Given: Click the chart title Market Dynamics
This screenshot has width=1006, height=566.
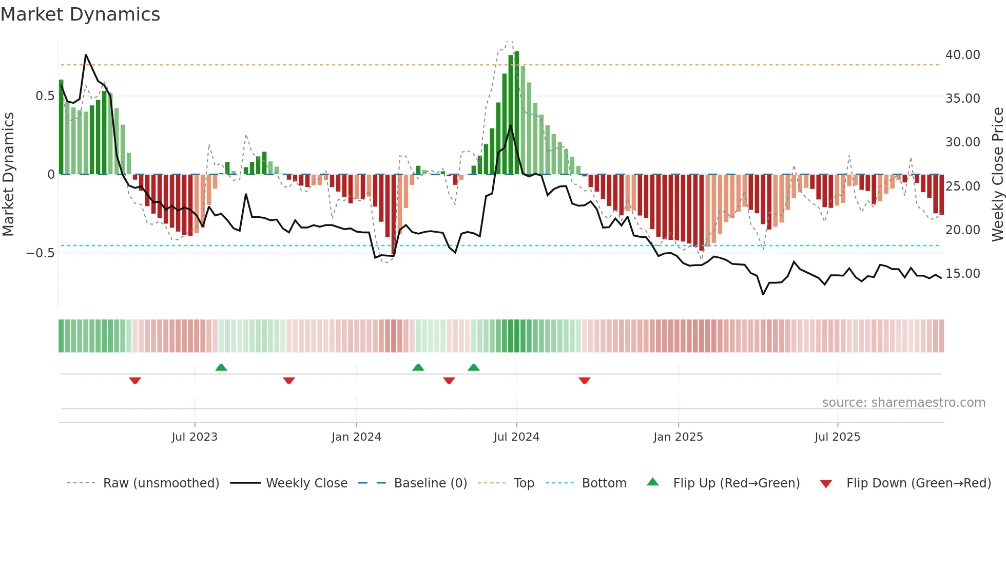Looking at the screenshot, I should [x=80, y=14].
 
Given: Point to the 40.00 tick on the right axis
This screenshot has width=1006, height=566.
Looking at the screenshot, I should [x=962, y=54].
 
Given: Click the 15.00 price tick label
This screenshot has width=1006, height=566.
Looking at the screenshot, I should [x=962, y=274].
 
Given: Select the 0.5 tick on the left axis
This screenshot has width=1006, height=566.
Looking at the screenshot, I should [x=45, y=96].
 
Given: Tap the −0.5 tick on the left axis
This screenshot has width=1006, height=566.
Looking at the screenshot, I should [x=41, y=253].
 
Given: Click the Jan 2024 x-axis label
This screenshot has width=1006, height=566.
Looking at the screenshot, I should [x=356, y=437].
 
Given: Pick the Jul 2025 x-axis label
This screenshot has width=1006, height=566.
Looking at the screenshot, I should [x=837, y=437].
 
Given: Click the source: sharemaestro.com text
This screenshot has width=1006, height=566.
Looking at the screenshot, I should [x=903, y=403].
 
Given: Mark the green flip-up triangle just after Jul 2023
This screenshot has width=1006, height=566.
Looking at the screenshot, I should [x=221, y=367].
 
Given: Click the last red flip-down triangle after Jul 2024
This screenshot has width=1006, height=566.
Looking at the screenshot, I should [x=584, y=381].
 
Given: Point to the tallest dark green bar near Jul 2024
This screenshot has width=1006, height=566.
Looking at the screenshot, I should [x=516, y=113].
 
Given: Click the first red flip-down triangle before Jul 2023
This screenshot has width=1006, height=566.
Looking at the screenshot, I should [x=135, y=381].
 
